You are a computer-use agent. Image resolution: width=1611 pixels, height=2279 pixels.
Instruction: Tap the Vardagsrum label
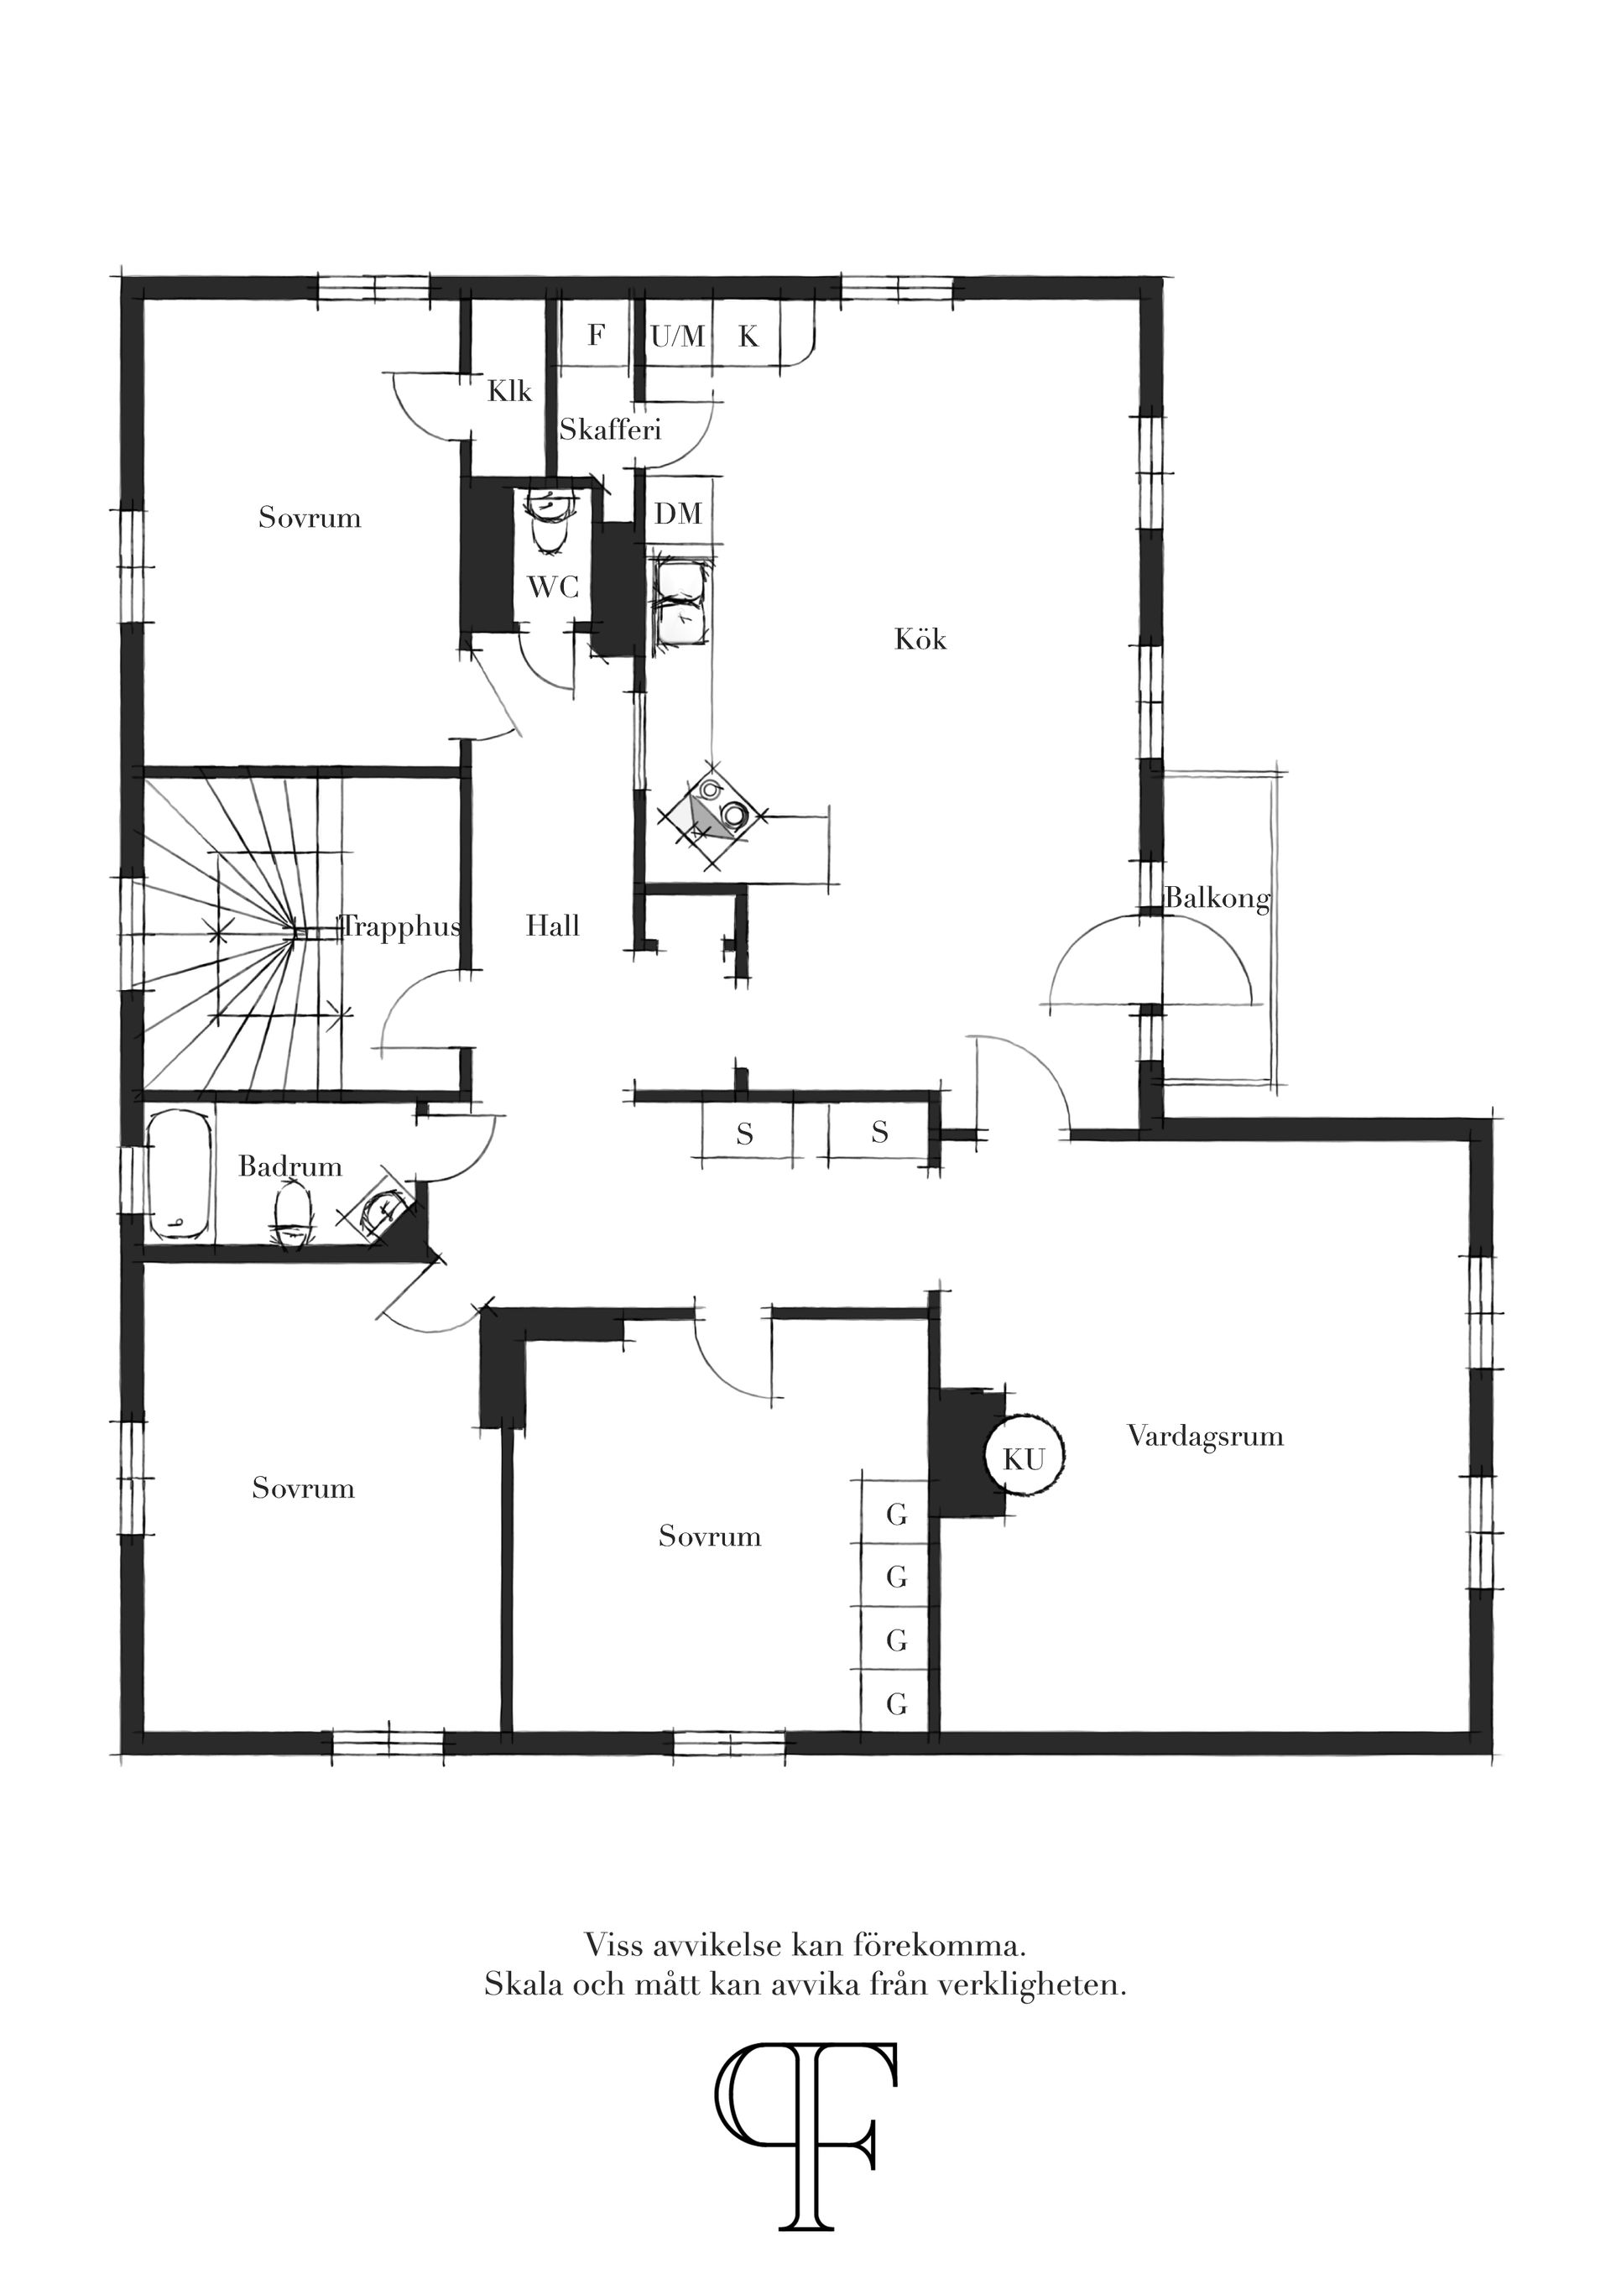[1204, 1437]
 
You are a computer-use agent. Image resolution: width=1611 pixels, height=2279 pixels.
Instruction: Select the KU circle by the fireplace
[1024, 1459]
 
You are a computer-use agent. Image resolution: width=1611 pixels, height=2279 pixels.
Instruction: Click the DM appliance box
[679, 514]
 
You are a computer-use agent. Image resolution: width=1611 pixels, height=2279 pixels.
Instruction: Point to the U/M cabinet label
[678, 337]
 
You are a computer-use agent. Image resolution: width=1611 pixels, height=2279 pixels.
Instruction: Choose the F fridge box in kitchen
[596, 336]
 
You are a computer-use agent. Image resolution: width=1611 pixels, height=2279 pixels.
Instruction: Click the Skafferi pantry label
[609, 430]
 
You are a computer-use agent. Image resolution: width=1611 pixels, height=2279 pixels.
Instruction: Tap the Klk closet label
[509, 391]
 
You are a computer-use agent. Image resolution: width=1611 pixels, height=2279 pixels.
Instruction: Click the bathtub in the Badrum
[180, 1176]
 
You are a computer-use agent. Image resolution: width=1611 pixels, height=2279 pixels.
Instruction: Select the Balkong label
[1216, 900]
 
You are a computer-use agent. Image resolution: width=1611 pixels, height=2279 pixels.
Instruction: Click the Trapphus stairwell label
[402, 926]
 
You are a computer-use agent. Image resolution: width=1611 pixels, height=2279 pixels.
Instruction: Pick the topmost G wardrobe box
[896, 1515]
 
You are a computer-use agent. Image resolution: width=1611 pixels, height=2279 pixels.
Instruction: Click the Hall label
[552, 926]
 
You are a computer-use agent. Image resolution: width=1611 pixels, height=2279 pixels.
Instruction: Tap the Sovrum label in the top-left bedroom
[310, 517]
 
